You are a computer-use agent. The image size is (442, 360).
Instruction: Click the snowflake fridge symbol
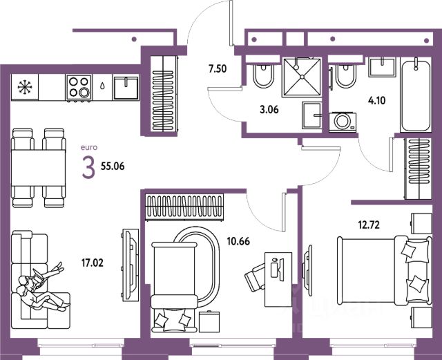point(25,87)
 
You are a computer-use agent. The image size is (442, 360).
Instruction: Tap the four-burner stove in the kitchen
point(79,88)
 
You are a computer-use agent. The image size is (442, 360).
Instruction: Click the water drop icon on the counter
point(102,88)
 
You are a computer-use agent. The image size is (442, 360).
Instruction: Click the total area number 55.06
point(115,167)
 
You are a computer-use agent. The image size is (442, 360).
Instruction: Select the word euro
point(89,148)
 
